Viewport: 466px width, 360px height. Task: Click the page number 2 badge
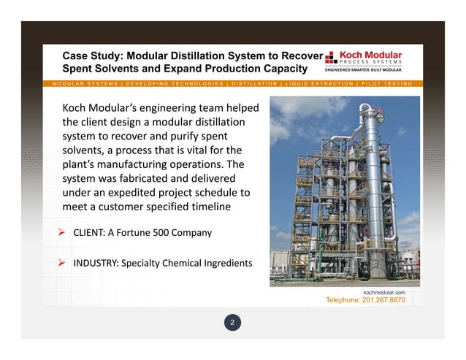click(232, 322)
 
